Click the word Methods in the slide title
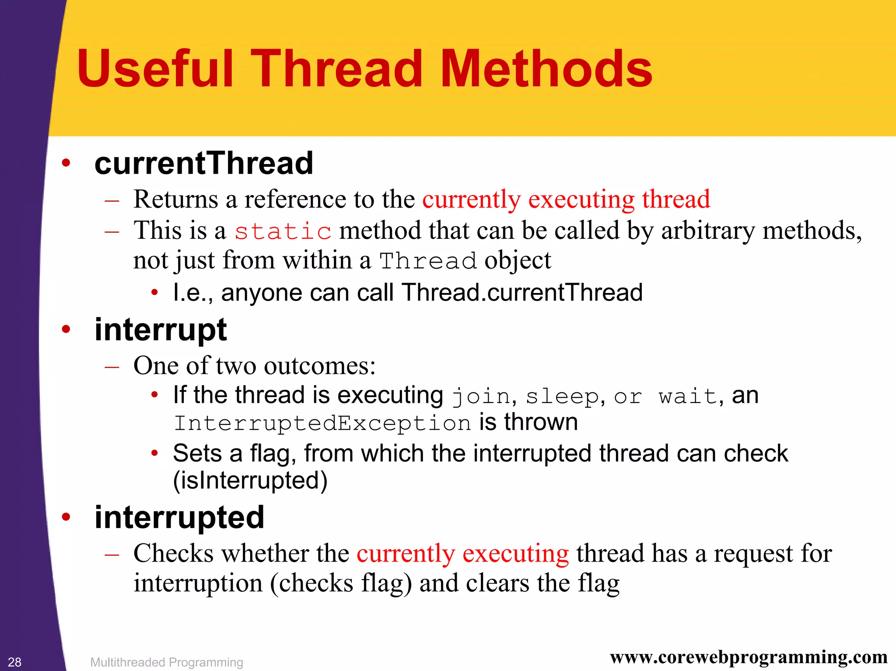point(546,69)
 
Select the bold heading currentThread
point(204,163)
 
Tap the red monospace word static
point(283,231)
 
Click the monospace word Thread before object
point(428,261)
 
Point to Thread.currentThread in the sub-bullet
point(522,292)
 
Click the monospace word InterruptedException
point(322,423)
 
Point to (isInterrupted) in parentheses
point(250,480)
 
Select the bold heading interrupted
point(179,517)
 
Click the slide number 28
point(14,662)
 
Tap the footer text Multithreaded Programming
point(166,662)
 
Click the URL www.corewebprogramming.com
point(749,657)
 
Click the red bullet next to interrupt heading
point(66,329)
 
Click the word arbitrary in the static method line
point(707,231)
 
